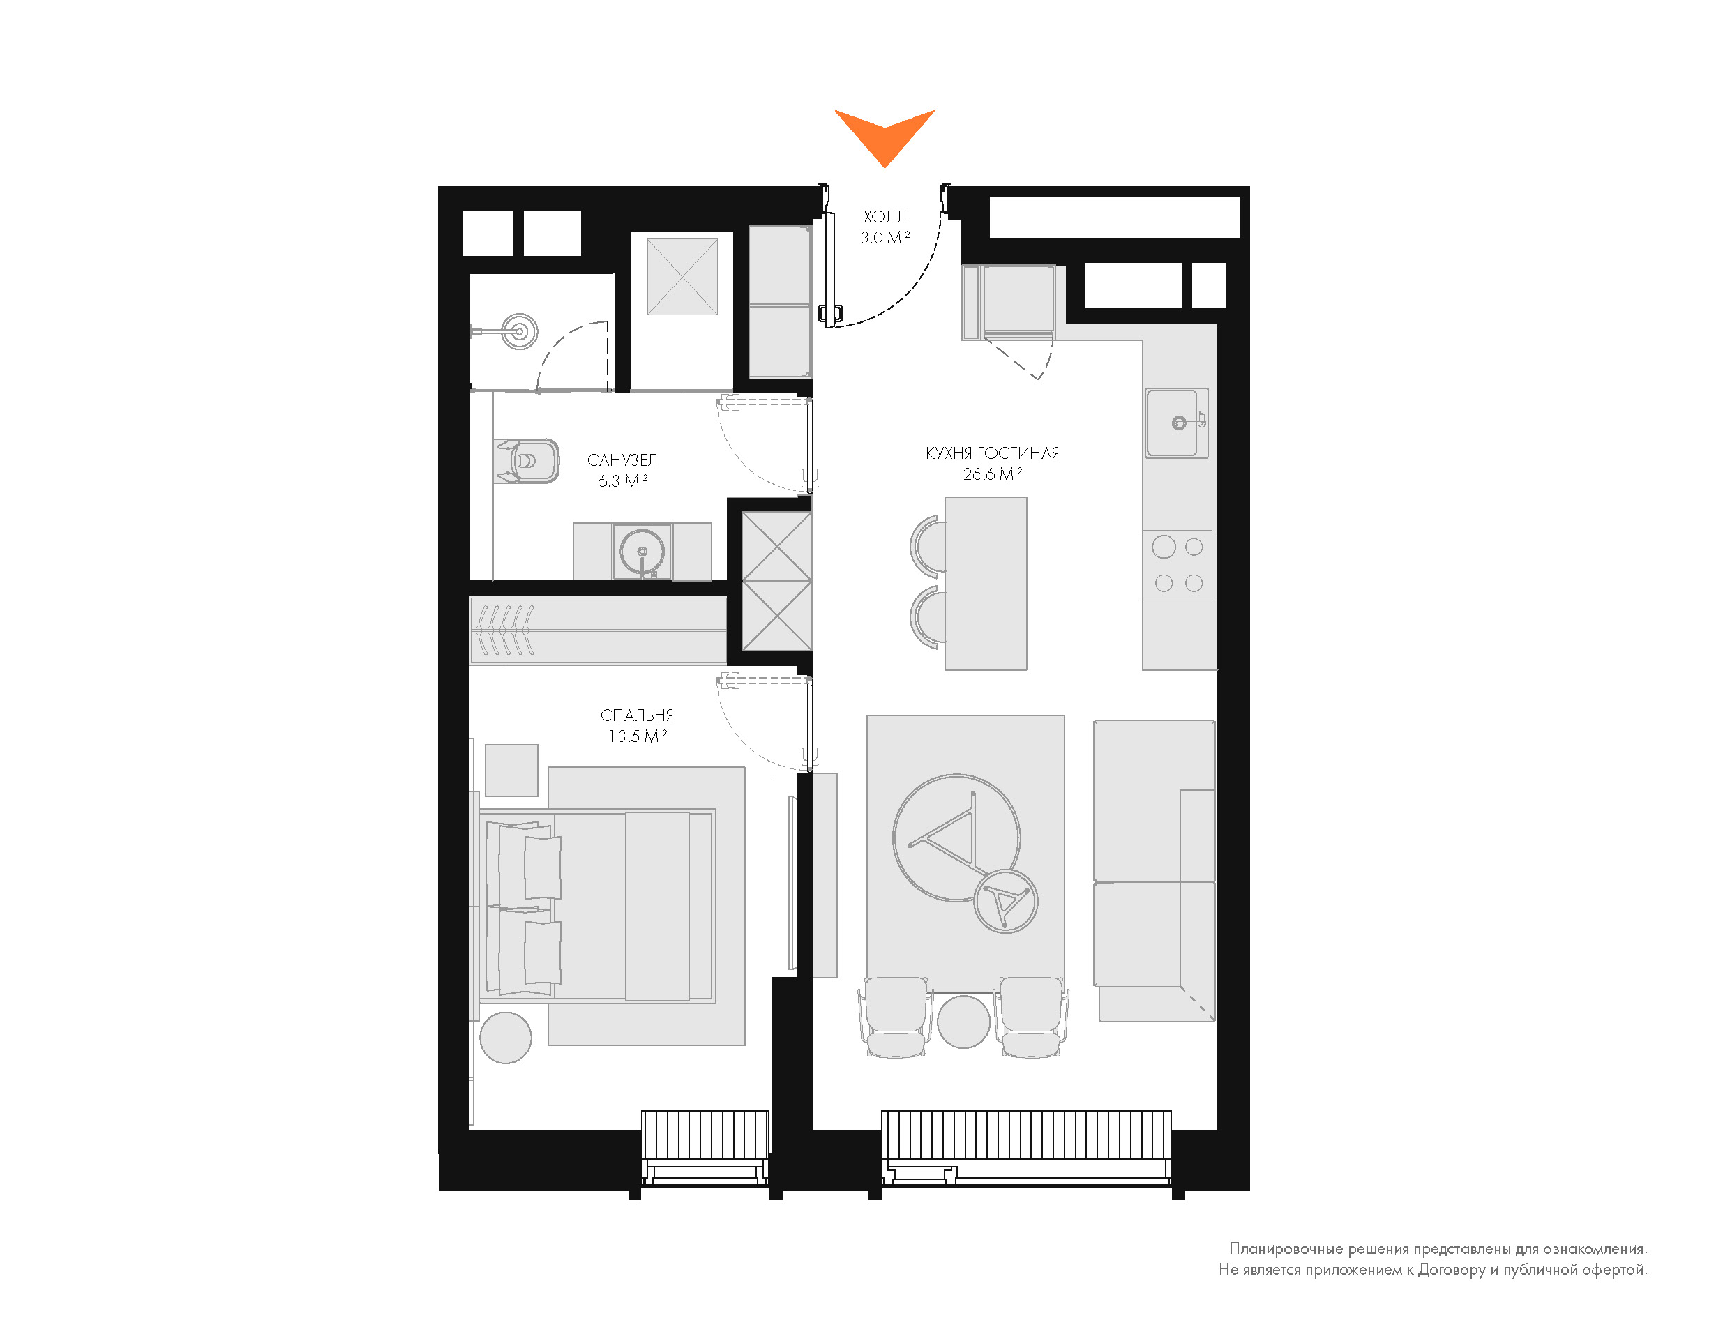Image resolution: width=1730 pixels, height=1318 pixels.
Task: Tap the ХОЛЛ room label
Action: (885, 216)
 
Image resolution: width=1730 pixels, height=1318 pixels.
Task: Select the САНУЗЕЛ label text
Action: (622, 460)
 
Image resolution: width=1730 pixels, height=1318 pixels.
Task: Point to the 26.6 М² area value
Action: (993, 475)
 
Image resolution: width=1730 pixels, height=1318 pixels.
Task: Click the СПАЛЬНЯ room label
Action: (636, 715)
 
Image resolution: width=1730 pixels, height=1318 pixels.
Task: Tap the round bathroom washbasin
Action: (642, 551)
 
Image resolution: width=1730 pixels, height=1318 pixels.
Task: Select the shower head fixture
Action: (520, 331)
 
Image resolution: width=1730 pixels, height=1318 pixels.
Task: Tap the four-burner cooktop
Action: (1178, 565)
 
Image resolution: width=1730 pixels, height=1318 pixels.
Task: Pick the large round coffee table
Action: (956, 836)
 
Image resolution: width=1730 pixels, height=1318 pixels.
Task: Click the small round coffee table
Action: (1005, 901)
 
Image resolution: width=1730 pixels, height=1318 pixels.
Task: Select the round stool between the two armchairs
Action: (963, 1022)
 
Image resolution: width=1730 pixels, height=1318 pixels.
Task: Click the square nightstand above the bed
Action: (511, 771)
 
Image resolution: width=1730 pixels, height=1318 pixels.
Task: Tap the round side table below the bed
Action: (505, 1038)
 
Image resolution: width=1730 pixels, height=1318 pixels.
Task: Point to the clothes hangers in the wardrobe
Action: (504, 630)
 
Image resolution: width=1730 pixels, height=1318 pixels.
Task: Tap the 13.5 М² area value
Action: (637, 736)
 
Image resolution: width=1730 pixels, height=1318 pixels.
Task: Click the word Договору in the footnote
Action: (1452, 1269)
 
